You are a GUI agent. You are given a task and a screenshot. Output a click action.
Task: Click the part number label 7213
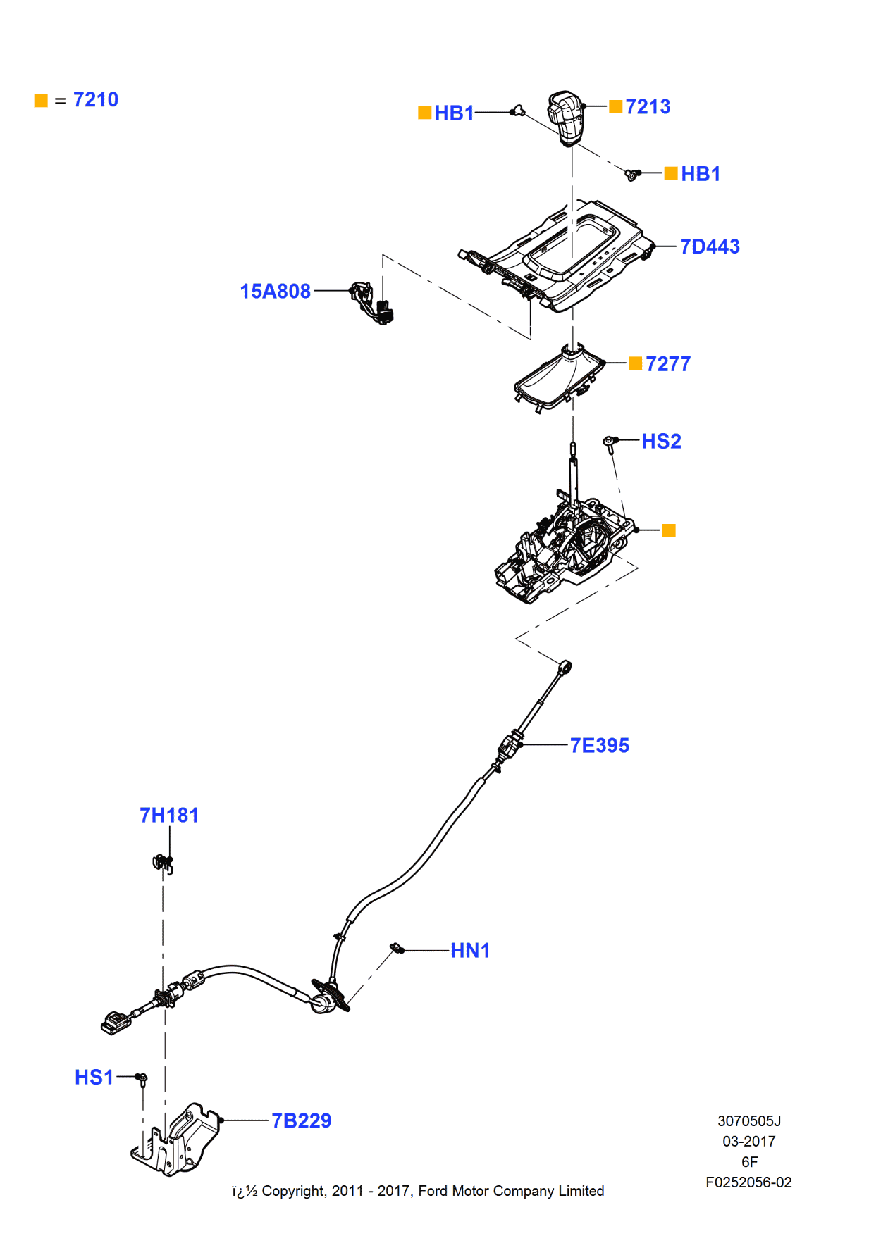pyautogui.click(x=648, y=107)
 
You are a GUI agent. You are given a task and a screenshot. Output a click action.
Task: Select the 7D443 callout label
pyautogui.click(x=710, y=246)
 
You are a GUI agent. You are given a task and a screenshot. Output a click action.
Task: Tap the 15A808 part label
pyautogui.click(x=275, y=292)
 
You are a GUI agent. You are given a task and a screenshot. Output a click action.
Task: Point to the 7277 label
pyautogui.click(x=667, y=364)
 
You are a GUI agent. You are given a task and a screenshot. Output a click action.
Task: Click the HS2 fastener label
pyautogui.click(x=661, y=442)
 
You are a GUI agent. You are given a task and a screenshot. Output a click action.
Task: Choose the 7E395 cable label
pyautogui.click(x=600, y=746)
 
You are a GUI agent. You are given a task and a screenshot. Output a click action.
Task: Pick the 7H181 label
pyautogui.click(x=169, y=816)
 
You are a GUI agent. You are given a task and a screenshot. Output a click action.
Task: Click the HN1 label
pyautogui.click(x=470, y=951)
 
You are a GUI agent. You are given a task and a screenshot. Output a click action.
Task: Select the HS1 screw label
pyautogui.click(x=94, y=1078)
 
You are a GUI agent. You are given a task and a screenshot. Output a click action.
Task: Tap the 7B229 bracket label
pyautogui.click(x=302, y=1121)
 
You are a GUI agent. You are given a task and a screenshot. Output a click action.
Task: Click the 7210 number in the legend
pyautogui.click(x=96, y=100)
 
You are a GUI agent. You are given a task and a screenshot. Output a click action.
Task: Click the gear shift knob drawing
pyautogui.click(x=566, y=118)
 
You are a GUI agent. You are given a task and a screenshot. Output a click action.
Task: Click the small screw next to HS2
pyautogui.click(x=610, y=442)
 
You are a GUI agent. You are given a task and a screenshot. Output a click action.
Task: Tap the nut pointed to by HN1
pyautogui.click(x=397, y=949)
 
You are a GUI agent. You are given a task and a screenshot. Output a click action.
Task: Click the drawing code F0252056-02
pyautogui.click(x=748, y=1182)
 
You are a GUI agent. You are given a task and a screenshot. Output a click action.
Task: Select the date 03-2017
pyautogui.click(x=748, y=1142)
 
